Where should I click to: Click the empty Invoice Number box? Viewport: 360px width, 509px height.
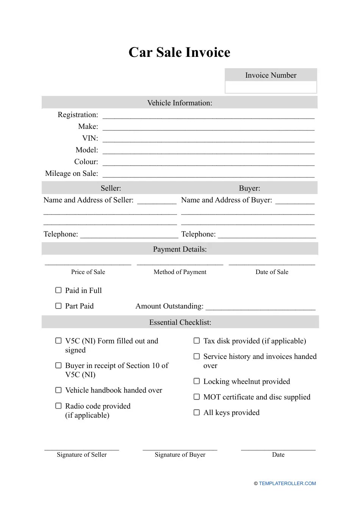pyautogui.click(x=271, y=87)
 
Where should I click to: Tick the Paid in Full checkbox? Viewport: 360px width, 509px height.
pyautogui.click(x=58, y=290)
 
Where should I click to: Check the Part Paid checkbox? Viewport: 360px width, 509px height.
pyautogui.click(x=58, y=306)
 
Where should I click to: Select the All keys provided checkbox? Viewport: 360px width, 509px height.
pyautogui.click(x=197, y=412)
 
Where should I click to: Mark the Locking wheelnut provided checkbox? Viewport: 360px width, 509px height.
pyautogui.click(x=197, y=381)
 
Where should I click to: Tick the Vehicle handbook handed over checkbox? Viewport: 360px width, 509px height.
pyautogui.click(x=58, y=390)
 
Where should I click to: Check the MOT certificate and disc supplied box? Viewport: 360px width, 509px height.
pyautogui.click(x=197, y=397)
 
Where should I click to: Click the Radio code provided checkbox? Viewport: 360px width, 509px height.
pyautogui.click(x=58, y=406)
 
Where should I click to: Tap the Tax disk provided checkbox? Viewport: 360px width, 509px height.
pyautogui.click(x=197, y=341)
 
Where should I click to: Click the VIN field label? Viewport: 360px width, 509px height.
pyautogui.click(x=90, y=138)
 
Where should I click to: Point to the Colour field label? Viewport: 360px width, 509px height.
pyautogui.click(x=86, y=162)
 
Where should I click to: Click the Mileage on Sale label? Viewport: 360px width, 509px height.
pyautogui.click(x=71, y=174)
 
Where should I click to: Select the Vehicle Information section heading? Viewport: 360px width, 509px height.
pyautogui.click(x=180, y=103)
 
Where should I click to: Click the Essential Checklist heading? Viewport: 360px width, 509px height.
pyautogui.click(x=180, y=323)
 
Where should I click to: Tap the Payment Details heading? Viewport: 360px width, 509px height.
pyautogui.click(x=180, y=249)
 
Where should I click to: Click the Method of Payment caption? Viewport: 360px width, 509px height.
pyautogui.click(x=180, y=272)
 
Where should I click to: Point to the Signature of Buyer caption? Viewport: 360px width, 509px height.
pyautogui.click(x=180, y=455)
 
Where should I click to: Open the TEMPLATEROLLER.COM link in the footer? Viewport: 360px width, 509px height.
pyautogui.click(x=287, y=484)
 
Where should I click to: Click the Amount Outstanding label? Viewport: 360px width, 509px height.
pyautogui.click(x=169, y=306)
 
